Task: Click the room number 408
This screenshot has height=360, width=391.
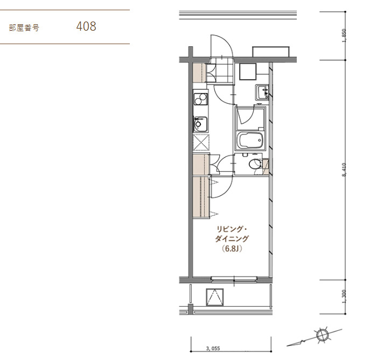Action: (x=86, y=26)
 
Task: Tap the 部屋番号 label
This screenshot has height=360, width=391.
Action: (x=24, y=27)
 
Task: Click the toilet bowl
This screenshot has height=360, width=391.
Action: (x=255, y=164)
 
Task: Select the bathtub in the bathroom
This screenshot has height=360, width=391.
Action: (x=250, y=140)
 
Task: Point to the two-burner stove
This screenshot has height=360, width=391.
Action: (x=201, y=99)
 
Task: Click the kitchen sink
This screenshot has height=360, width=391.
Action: (x=200, y=124)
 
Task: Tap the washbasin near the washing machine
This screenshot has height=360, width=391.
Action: (x=262, y=92)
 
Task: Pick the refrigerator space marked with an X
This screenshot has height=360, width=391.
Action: (x=201, y=142)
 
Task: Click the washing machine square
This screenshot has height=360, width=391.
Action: (x=248, y=72)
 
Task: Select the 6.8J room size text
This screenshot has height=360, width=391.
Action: (x=232, y=249)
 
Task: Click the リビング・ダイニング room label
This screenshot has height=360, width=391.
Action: (x=232, y=234)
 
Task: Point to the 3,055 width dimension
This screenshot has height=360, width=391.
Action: (x=213, y=348)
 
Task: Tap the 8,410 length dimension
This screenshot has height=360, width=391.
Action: (x=344, y=170)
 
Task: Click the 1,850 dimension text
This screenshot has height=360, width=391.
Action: (x=344, y=36)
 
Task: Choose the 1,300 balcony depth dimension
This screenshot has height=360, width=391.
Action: (x=344, y=297)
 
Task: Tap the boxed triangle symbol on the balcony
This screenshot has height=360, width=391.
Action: (x=215, y=297)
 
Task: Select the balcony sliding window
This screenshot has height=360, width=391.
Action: (x=234, y=279)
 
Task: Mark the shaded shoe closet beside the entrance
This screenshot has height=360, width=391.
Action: (x=199, y=73)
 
